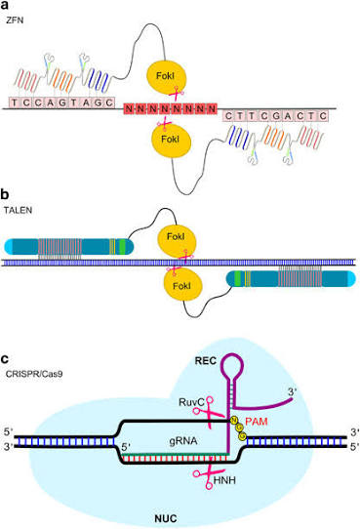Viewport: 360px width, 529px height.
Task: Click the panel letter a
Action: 5,6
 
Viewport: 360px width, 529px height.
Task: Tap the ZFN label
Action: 15,20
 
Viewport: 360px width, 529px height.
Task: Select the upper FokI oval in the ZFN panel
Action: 166,77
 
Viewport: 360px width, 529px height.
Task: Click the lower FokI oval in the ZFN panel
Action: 171,140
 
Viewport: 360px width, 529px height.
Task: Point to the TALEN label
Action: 18,210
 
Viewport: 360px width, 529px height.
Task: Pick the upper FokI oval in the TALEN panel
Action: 177,238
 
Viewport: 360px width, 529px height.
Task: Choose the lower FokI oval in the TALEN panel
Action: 182,285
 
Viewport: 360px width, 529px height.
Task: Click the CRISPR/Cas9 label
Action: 34,374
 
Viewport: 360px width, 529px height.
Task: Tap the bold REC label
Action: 205,361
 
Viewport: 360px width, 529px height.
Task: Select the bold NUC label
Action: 166,518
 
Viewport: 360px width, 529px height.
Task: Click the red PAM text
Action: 257,422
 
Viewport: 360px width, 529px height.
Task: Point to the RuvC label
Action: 191,402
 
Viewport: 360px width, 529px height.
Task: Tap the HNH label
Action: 224,480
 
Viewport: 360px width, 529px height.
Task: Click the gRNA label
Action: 183,440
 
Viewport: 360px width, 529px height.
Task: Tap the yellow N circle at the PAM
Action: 233,421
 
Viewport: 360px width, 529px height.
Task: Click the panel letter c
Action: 5,359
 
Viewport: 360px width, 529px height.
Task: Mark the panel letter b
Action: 5,194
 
